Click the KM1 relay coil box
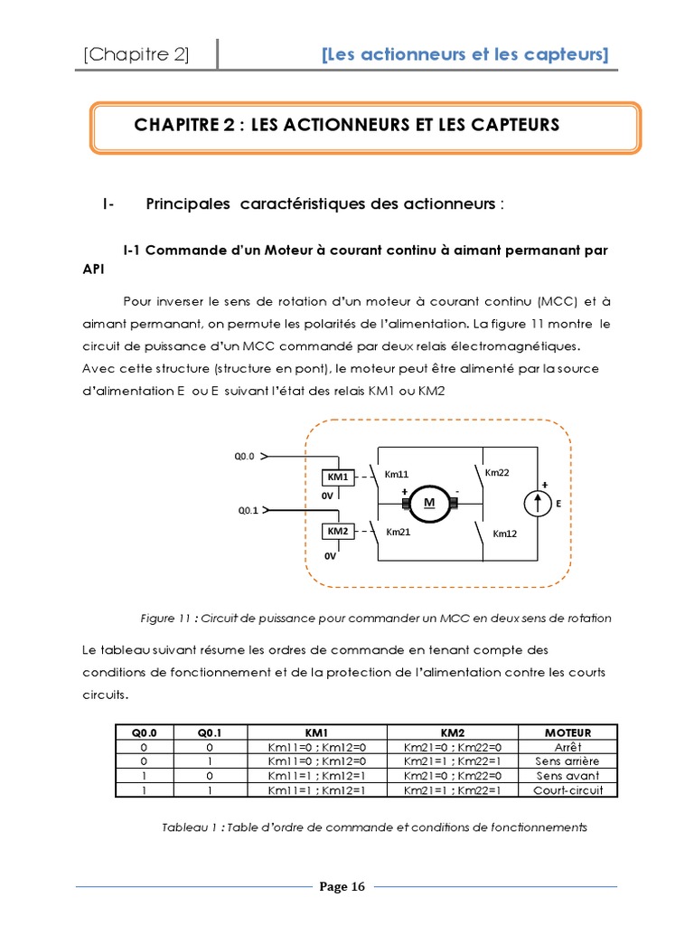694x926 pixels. pyautogui.click(x=338, y=477)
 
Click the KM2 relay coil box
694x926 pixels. pyautogui.click(x=338, y=531)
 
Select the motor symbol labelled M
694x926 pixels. pyautogui.click(x=429, y=503)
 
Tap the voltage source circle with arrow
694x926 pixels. pyautogui.click(x=539, y=502)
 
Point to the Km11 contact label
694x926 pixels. pyautogui.click(x=397, y=474)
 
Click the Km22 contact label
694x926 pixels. pyautogui.click(x=497, y=472)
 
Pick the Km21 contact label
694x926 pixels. pyautogui.click(x=398, y=532)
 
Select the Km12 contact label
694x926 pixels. pyautogui.click(x=504, y=534)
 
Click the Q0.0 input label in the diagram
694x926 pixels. pyautogui.click(x=245, y=457)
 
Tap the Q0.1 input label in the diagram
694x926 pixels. pyautogui.click(x=248, y=510)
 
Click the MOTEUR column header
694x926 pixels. pyautogui.click(x=567, y=732)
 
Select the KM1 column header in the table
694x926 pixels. pyautogui.click(x=315, y=732)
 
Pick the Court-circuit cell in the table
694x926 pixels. pyautogui.click(x=567, y=789)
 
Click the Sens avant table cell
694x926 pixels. pyautogui.click(x=567, y=776)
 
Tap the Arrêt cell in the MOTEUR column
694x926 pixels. pyautogui.click(x=567, y=747)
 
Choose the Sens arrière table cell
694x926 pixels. pyautogui.click(x=567, y=761)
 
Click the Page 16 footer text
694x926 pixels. pyautogui.click(x=342, y=886)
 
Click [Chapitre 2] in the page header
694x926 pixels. pyautogui.click(x=136, y=55)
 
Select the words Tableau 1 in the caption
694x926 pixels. pyautogui.click(x=187, y=827)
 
